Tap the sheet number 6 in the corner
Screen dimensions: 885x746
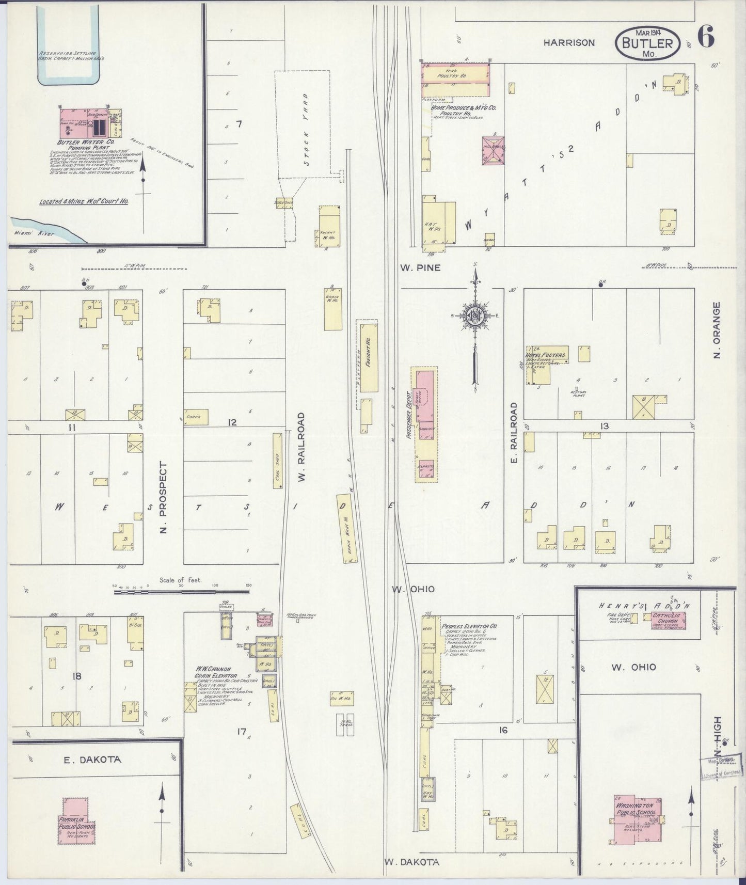706,37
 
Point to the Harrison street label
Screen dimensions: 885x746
568,43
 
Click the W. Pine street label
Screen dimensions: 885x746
420,267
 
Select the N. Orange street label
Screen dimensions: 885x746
716,330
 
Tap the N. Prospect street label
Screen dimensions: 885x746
163,498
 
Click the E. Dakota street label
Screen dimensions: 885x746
92,760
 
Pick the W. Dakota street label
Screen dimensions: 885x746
412,862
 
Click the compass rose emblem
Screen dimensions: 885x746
474,316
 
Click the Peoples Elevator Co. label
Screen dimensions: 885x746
469,626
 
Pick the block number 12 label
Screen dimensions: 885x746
232,422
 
